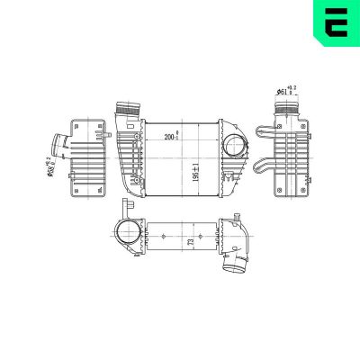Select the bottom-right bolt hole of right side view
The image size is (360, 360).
310,190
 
